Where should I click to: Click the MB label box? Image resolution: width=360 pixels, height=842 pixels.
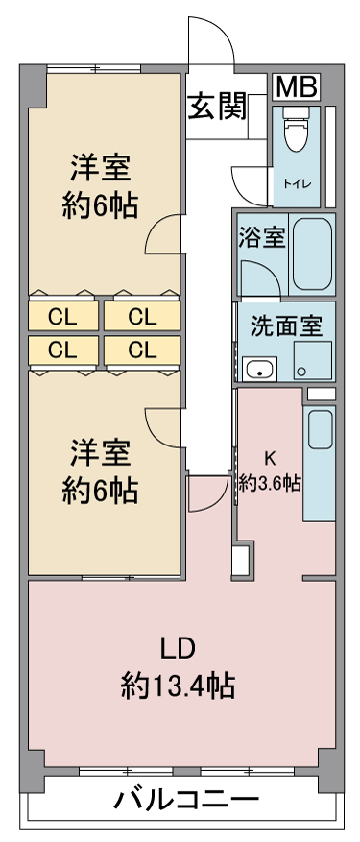point(296,87)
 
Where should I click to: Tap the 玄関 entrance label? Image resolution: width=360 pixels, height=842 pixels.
point(216,107)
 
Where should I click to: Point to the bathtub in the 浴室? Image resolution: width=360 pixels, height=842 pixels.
point(312,253)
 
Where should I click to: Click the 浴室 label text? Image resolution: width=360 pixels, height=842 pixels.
point(262,237)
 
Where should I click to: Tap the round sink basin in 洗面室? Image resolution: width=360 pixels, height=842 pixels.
point(260,370)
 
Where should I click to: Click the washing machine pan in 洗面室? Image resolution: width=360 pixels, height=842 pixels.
point(312,360)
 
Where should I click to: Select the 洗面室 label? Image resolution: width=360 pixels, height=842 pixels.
point(287,326)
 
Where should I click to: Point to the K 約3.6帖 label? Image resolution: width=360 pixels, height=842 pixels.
point(269,471)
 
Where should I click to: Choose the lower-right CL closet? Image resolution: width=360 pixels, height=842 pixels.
point(142,350)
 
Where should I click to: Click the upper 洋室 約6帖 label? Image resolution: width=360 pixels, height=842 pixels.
point(100,186)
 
